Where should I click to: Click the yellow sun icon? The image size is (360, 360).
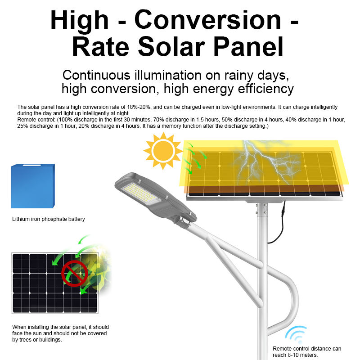(163, 151)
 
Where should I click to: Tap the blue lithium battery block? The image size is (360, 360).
(33, 186)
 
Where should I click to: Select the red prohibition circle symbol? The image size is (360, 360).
(74, 273)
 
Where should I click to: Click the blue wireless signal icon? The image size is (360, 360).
(296, 334)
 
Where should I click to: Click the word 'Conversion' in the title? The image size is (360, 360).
(207, 20)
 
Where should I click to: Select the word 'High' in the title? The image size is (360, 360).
(79, 21)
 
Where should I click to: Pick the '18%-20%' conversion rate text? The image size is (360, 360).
(139, 107)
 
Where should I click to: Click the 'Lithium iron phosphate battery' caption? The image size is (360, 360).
(49, 219)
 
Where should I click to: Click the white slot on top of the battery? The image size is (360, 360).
(31, 165)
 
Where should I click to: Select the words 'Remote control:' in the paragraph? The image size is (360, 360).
(36, 120)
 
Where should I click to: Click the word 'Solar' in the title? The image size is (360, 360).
(171, 47)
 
